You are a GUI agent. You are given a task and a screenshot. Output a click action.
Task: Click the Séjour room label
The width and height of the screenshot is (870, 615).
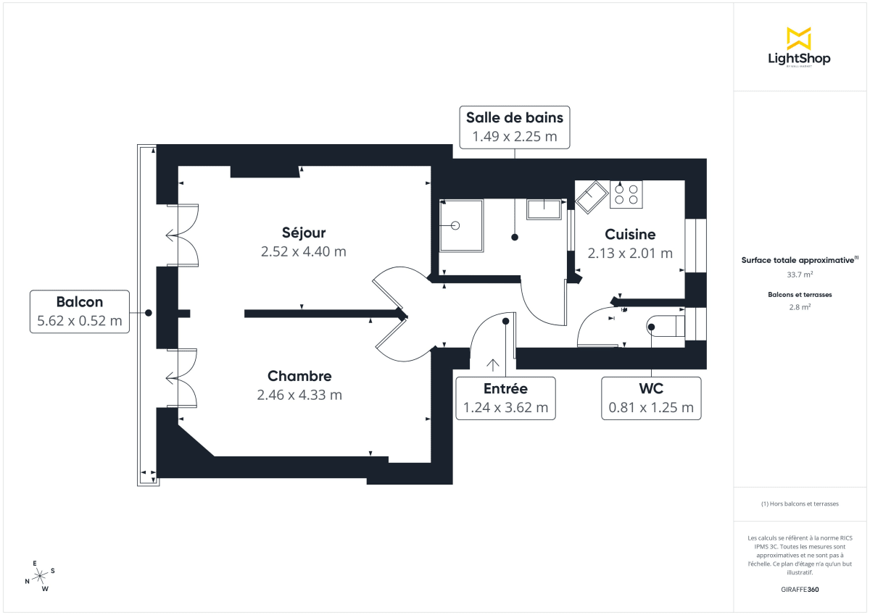304,233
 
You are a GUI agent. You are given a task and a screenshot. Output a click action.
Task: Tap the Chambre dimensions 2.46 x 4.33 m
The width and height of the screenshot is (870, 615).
299,395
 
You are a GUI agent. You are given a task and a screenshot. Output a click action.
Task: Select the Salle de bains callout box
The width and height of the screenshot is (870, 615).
514,126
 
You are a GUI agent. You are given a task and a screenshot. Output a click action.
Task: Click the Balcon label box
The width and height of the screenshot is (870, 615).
80,311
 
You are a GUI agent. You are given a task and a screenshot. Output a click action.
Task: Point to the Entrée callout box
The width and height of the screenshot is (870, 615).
505,398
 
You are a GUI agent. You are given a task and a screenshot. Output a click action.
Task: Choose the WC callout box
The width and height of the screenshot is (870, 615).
652,398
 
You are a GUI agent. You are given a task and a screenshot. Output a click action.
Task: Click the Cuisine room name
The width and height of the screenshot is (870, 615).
630,235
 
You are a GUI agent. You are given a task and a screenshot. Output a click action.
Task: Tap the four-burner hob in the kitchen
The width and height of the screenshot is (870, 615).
626,193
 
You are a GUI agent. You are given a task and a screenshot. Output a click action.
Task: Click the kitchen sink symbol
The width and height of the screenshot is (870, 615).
592,197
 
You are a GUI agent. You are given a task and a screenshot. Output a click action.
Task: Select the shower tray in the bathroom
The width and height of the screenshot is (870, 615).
460,225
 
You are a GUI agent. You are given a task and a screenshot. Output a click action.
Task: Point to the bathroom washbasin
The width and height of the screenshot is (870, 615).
544,208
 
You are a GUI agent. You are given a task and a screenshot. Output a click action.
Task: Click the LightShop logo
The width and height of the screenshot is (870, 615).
799,48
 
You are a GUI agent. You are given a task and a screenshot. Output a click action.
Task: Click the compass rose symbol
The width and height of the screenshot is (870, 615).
41,576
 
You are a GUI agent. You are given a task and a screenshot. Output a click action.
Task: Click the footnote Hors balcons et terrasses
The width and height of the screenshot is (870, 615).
799,503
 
